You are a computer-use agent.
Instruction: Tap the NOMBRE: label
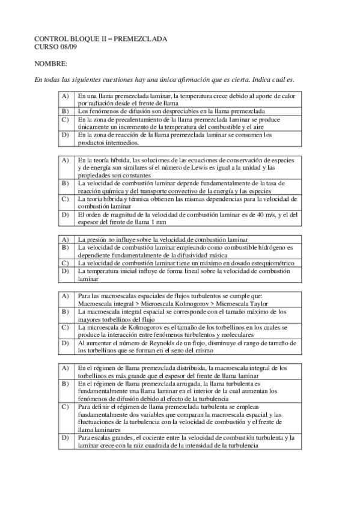coord(50,63)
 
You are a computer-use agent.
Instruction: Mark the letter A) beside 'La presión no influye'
coord(65,239)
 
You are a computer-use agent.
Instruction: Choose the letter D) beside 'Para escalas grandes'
coord(65,438)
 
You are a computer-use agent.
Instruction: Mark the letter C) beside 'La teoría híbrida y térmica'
coord(65,198)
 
